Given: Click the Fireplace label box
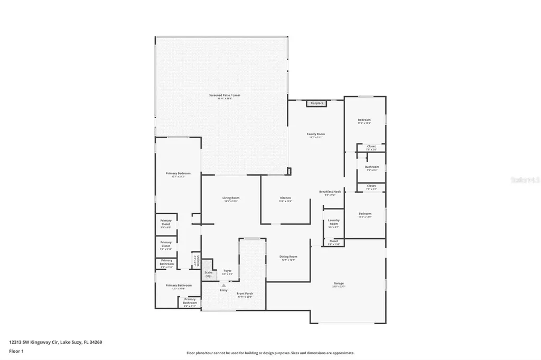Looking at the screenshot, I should pyautogui.click(x=317, y=103).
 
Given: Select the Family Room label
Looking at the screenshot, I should pyautogui.click(x=316, y=134).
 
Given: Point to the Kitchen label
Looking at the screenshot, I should pyautogui.click(x=285, y=198).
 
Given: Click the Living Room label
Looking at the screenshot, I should pyautogui.click(x=231, y=198).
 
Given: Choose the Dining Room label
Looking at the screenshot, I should pyautogui.click(x=288, y=257).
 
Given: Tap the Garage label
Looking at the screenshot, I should pyautogui.click(x=339, y=283).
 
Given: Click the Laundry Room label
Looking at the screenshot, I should pyautogui.click(x=333, y=222).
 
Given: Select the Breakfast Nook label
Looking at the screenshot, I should pyautogui.click(x=330, y=192).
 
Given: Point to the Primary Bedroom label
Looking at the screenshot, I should pyautogui.click(x=178, y=174).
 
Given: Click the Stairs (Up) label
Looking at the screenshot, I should pyautogui.click(x=208, y=274).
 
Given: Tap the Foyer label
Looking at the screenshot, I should pyautogui.click(x=227, y=271).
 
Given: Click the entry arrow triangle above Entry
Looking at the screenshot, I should pyautogui.click(x=223, y=285).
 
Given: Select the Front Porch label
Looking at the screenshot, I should pyautogui.click(x=245, y=293).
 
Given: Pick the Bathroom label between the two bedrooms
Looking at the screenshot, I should pyautogui.click(x=372, y=167).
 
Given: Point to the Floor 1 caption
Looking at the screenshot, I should pyautogui.click(x=16, y=350).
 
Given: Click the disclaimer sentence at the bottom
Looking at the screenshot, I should pyautogui.click(x=270, y=353).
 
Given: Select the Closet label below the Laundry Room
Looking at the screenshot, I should pyautogui.click(x=333, y=241).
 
